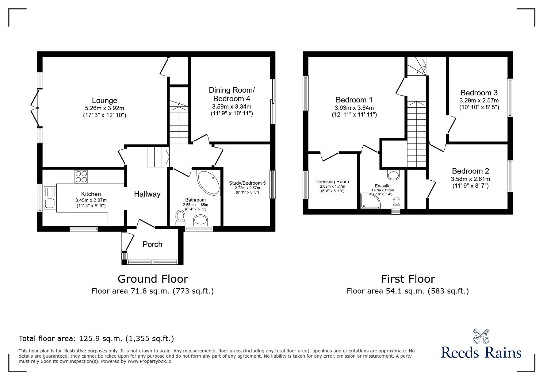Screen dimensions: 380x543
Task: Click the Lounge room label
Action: (x=105, y=101)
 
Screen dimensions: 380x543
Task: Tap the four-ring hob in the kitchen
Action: (x=81, y=177)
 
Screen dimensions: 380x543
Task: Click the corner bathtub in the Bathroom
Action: (x=208, y=183)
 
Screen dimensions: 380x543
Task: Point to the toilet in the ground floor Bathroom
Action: (x=180, y=218)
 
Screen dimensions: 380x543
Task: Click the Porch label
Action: (x=152, y=244)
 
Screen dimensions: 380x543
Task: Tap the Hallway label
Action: (x=147, y=194)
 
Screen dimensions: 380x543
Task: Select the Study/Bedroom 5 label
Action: (x=247, y=183)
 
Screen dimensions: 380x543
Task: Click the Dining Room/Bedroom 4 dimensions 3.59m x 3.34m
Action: (x=231, y=107)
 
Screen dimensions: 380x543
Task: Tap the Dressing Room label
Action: (x=332, y=182)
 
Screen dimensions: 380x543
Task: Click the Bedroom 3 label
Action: (x=479, y=93)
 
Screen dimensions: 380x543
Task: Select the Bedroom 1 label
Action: (x=354, y=100)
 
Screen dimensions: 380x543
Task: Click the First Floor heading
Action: (x=408, y=279)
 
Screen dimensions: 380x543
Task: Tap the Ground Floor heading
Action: (x=153, y=279)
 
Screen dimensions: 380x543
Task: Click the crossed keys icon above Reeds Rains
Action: (x=481, y=336)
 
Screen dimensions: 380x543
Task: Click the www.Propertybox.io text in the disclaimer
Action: (x=149, y=361)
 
